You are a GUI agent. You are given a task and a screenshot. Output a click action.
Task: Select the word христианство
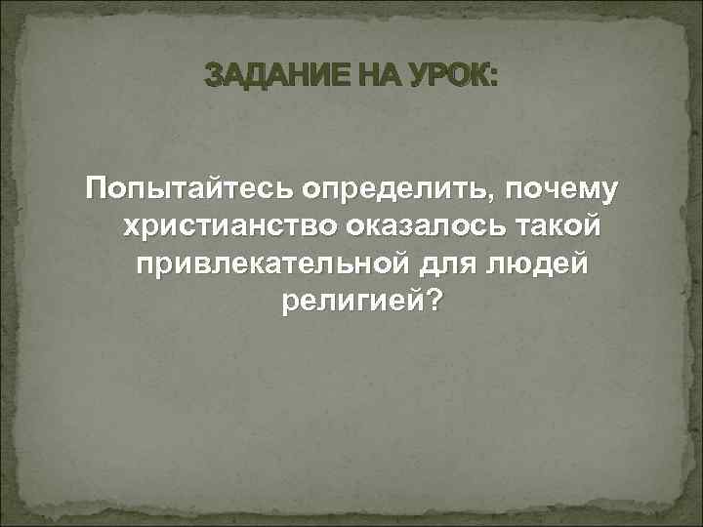tap(227, 227)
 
